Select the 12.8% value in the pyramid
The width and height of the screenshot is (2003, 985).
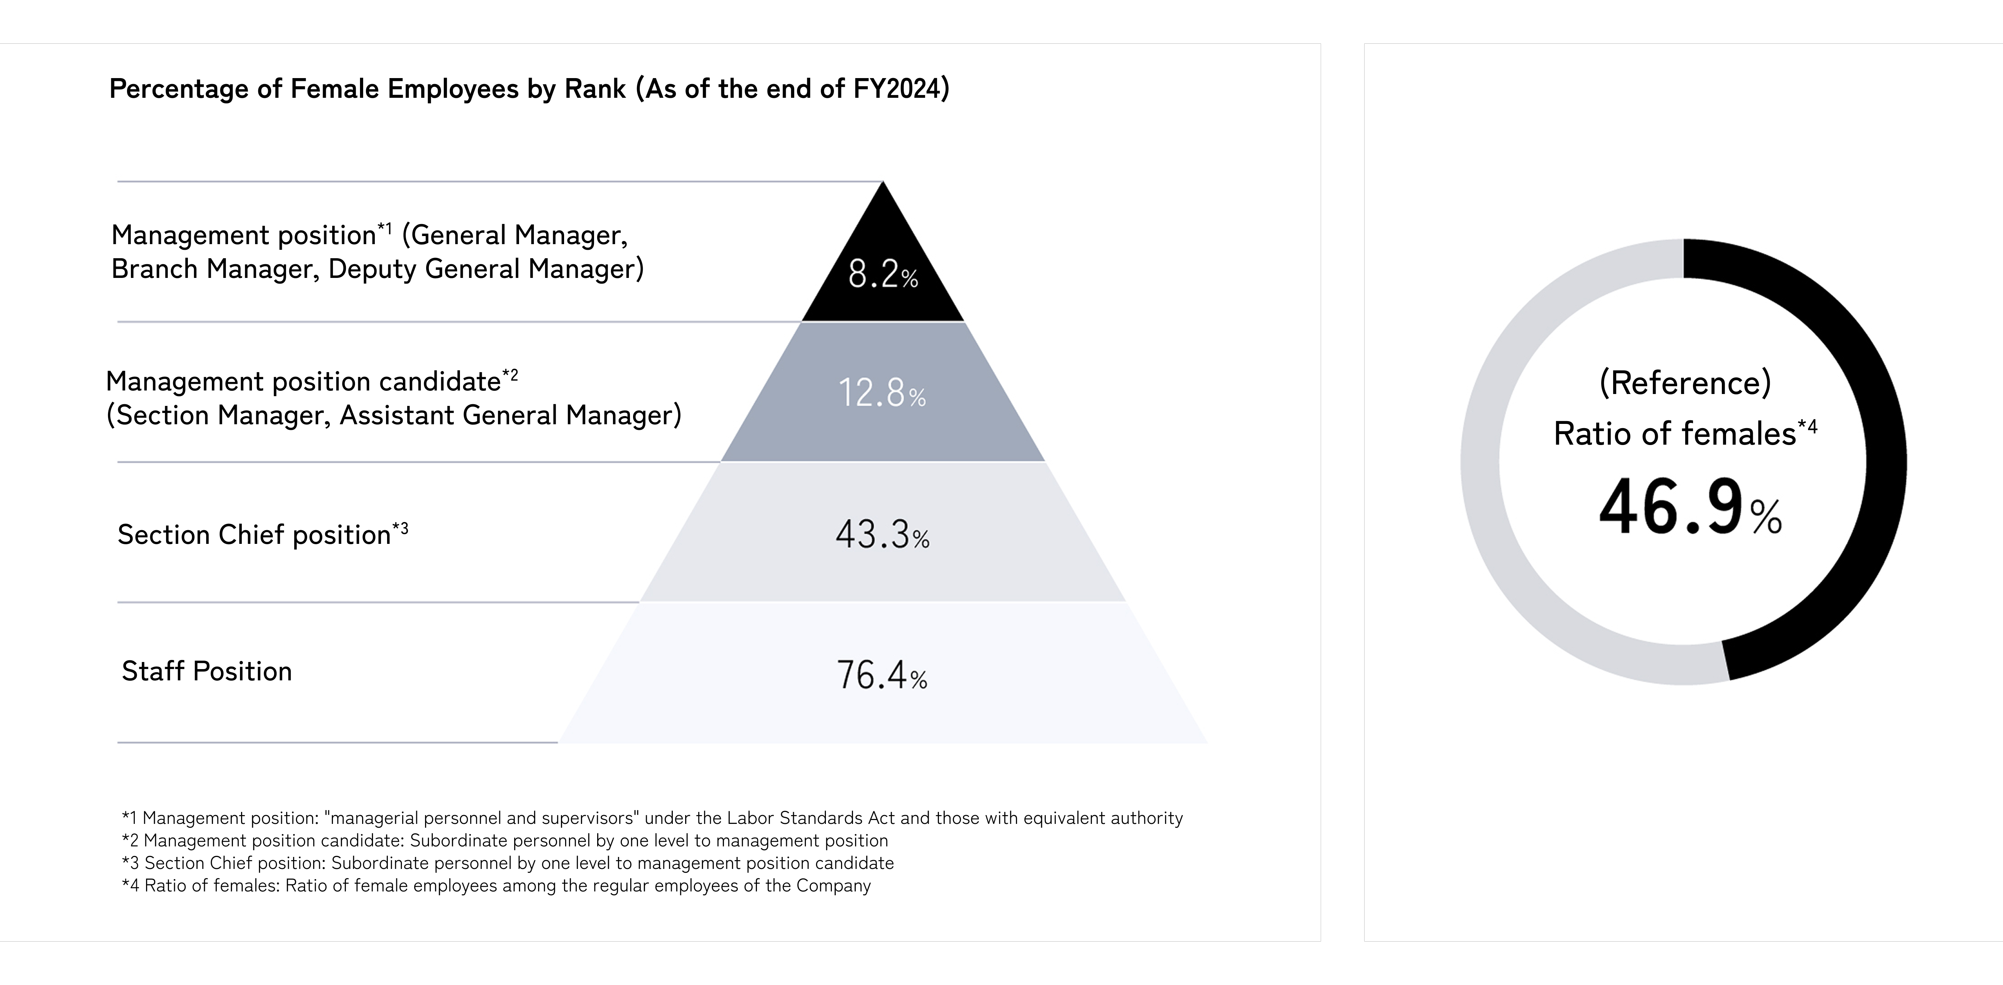click(882, 393)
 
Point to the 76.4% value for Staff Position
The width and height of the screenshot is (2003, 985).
click(882, 675)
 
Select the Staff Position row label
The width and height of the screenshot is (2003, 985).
click(207, 671)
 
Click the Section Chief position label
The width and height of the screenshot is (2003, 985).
click(254, 535)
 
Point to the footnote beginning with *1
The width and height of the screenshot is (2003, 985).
click(652, 818)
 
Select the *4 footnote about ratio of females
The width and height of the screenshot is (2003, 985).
click(496, 885)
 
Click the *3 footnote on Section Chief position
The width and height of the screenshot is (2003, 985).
click(507, 863)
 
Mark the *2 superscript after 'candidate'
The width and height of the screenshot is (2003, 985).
click(510, 376)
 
